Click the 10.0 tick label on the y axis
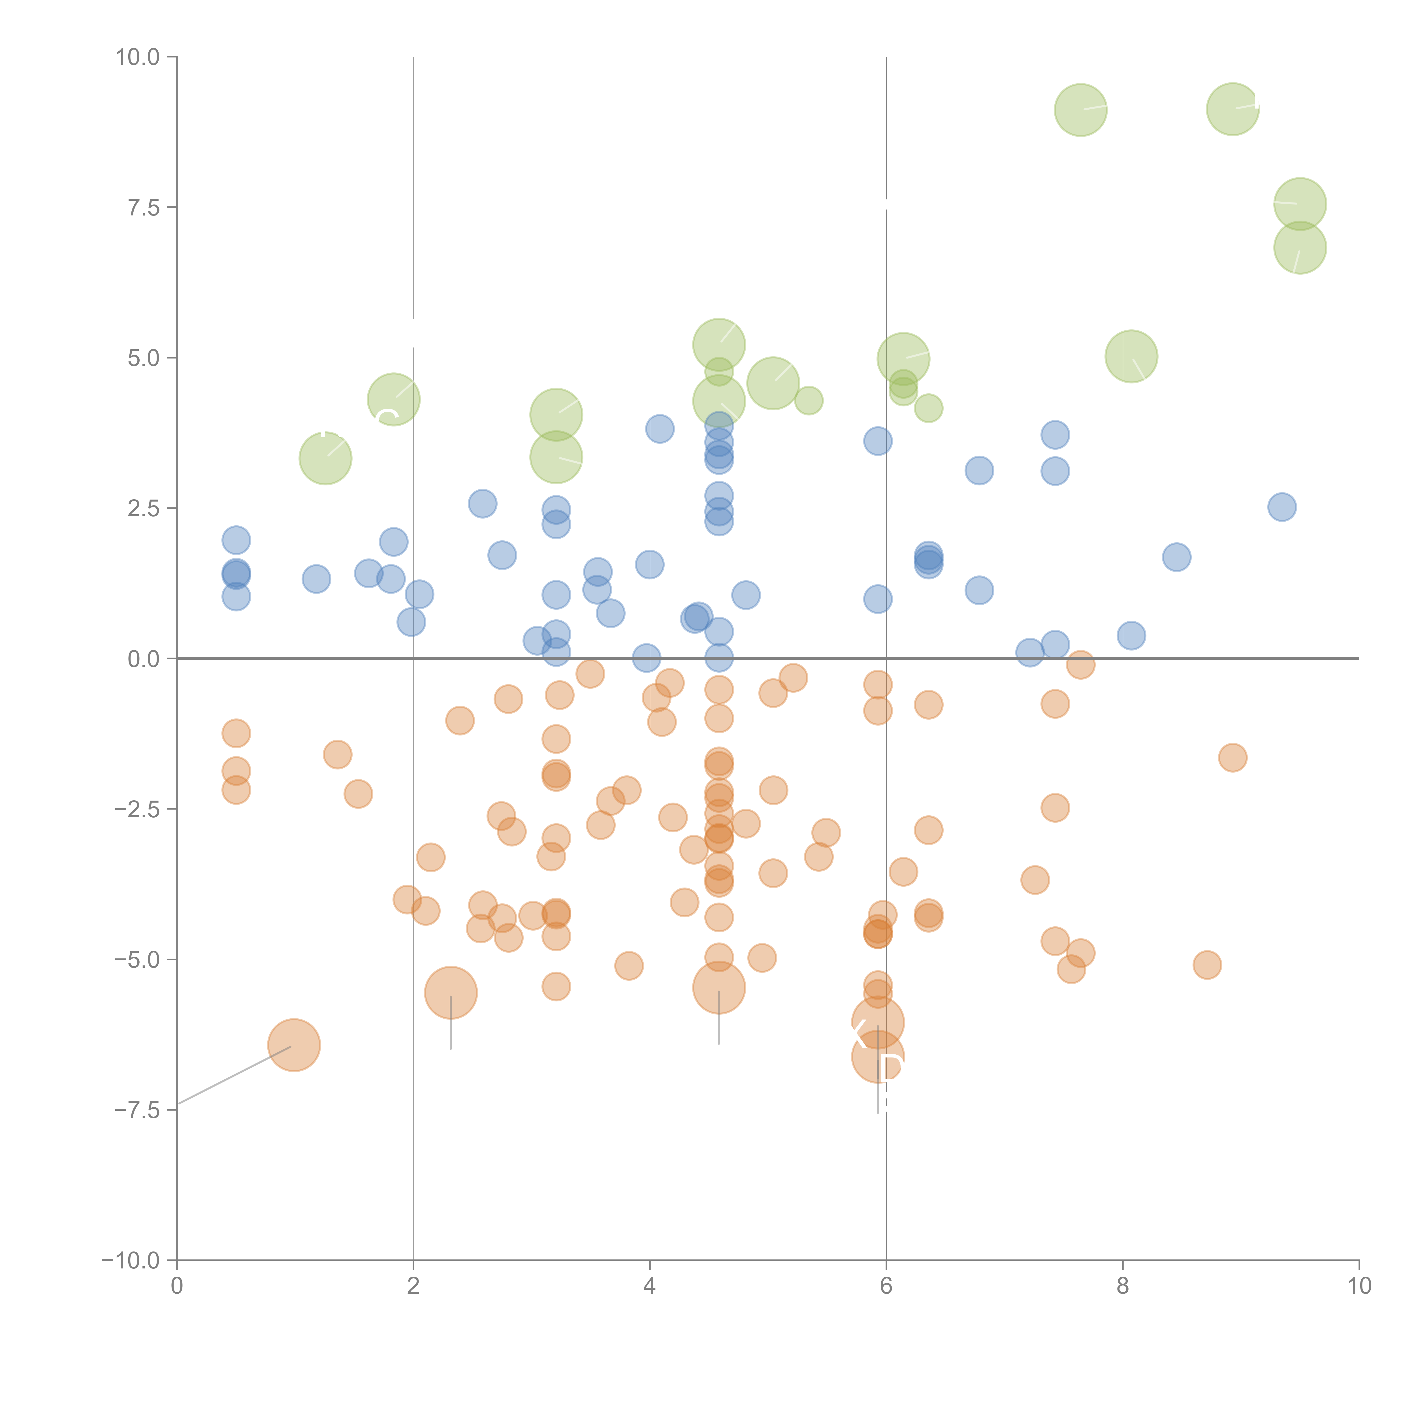click(138, 57)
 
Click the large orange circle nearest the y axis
click(294, 1045)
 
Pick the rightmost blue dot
click(1282, 506)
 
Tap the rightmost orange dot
click(1233, 757)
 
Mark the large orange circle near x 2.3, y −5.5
click(451, 993)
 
